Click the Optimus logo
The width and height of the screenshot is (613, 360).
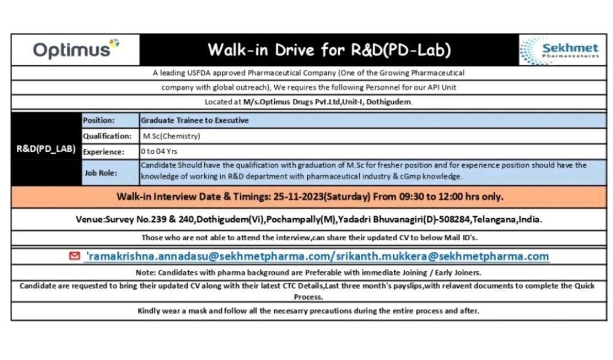pos(75,49)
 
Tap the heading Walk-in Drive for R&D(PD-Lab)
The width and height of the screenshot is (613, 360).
pos(329,50)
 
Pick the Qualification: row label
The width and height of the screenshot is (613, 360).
pos(107,136)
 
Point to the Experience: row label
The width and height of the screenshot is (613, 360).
pos(104,152)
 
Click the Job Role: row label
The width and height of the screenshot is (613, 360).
pos(101,173)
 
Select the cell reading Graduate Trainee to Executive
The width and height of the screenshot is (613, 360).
pos(195,120)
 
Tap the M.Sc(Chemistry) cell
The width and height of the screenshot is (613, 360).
pos(172,136)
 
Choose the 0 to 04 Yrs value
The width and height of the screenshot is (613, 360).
pos(159,152)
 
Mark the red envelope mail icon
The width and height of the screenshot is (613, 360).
pos(75,256)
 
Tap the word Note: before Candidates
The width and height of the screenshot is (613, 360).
pos(146,272)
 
